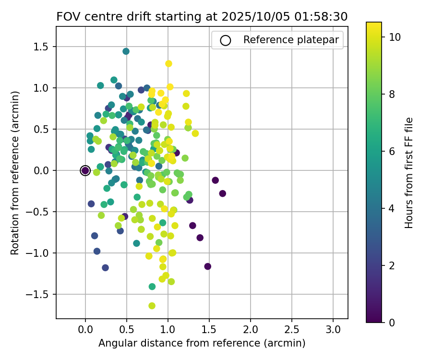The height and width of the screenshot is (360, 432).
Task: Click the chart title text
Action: [x=202, y=17]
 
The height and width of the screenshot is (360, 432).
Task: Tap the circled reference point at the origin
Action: [x=85, y=170]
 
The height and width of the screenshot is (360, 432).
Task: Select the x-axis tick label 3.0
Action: [x=333, y=330]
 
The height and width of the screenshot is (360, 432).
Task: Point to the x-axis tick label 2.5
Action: [x=292, y=330]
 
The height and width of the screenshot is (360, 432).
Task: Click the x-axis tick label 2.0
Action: [x=251, y=330]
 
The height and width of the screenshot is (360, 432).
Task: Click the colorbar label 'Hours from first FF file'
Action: [x=409, y=173]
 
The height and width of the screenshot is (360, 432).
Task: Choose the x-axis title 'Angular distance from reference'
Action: [x=202, y=344]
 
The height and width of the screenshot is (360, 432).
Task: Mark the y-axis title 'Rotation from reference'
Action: [x=15, y=173]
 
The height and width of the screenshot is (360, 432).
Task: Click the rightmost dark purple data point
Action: [x=222, y=193]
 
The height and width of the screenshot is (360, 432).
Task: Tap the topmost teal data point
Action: [x=126, y=51]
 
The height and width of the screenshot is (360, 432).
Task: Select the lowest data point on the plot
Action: [x=152, y=306]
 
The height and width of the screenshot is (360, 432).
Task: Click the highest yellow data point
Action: [x=168, y=63]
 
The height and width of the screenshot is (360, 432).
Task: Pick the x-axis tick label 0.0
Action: [x=85, y=330]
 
